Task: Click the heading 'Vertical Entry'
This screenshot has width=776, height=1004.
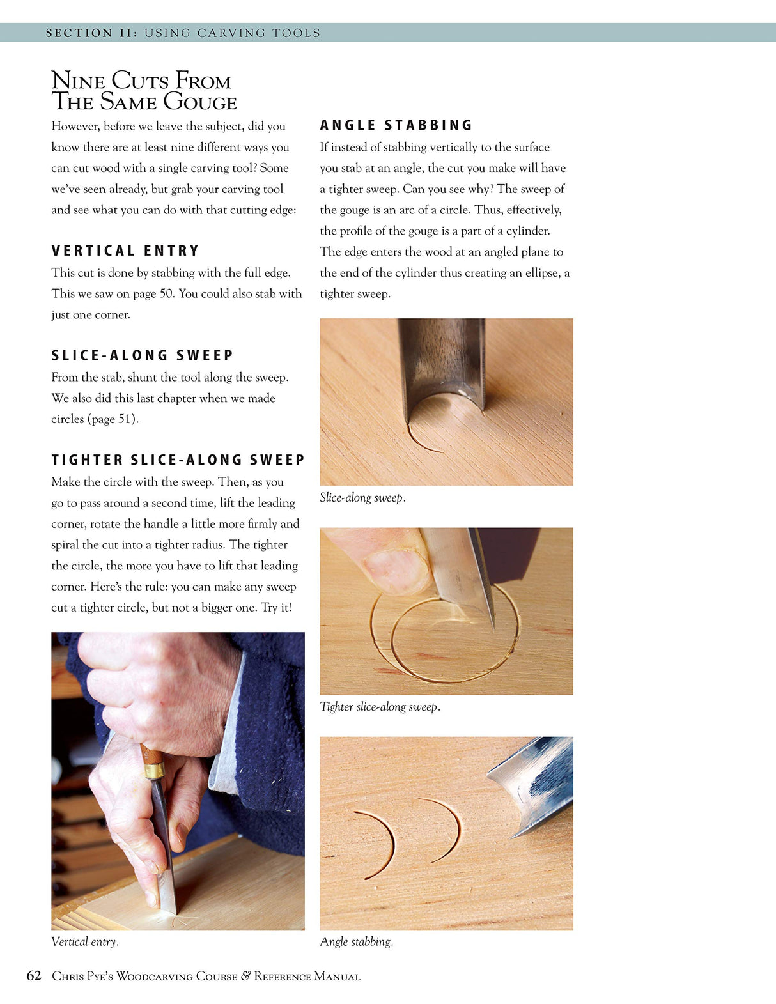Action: tap(125, 251)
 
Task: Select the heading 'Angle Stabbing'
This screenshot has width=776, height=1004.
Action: tap(396, 125)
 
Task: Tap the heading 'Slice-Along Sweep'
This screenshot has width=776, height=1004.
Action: tap(142, 355)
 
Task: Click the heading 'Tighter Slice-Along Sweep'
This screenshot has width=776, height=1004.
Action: tap(178, 460)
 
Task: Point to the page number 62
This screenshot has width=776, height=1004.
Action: tap(34, 975)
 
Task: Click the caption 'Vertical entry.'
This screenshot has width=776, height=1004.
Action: tap(85, 941)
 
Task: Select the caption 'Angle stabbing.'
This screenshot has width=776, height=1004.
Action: tap(357, 941)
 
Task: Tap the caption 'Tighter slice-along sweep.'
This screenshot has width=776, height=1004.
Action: tap(380, 707)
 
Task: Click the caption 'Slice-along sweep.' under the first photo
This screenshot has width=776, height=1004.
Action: tap(362, 497)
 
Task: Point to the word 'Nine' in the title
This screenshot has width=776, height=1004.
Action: tap(78, 81)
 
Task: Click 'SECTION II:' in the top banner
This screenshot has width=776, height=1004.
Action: tap(91, 33)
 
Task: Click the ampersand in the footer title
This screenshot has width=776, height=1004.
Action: tap(245, 976)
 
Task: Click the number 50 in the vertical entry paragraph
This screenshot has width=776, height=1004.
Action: tap(166, 293)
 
